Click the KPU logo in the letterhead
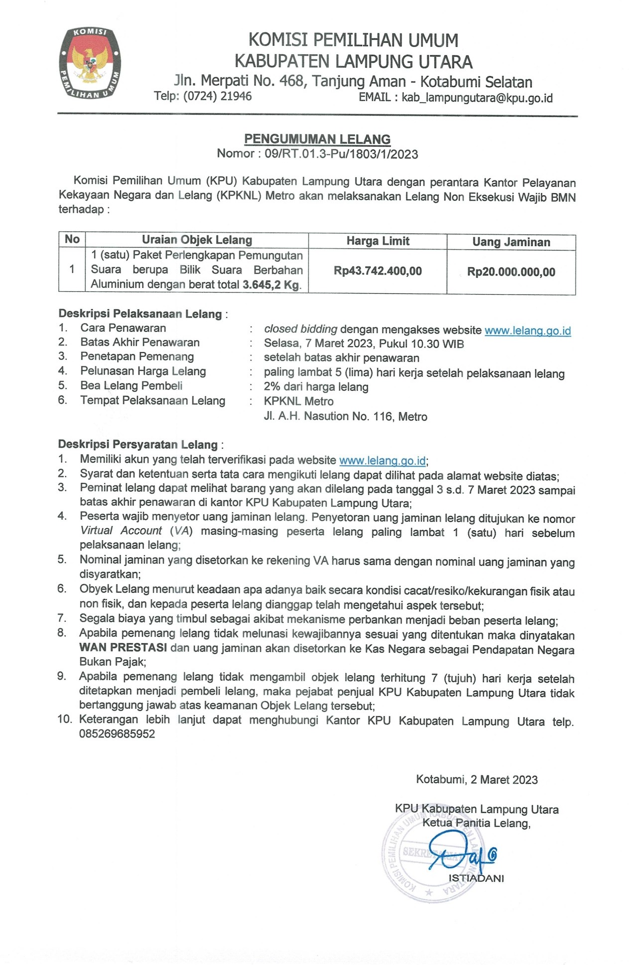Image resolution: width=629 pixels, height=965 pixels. [90, 63]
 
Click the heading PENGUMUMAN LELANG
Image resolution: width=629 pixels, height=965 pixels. [317, 139]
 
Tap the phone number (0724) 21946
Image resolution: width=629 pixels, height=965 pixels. [217, 96]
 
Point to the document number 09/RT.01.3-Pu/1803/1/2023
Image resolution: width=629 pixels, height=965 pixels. [341, 154]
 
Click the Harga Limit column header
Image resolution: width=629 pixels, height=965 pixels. [377, 241]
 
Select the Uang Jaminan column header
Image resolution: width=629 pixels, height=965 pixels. [511, 242]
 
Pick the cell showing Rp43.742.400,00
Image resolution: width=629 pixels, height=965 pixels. [377, 271]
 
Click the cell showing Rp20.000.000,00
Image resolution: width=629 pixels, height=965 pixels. [511, 272]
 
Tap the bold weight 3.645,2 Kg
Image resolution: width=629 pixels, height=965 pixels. [271, 285]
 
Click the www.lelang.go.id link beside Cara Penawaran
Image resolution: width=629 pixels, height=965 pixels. [527, 331]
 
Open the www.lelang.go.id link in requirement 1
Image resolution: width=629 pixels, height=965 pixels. [382, 461]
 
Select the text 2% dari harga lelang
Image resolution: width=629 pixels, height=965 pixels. [316, 387]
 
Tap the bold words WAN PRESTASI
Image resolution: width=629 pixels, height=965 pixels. [123, 647]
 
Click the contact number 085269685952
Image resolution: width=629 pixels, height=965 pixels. [117, 733]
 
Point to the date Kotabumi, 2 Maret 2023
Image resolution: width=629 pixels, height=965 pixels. [477, 779]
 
